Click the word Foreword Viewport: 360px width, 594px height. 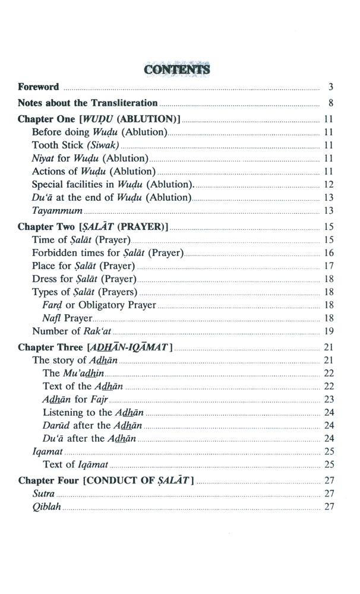pyautogui.click(x=39, y=87)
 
